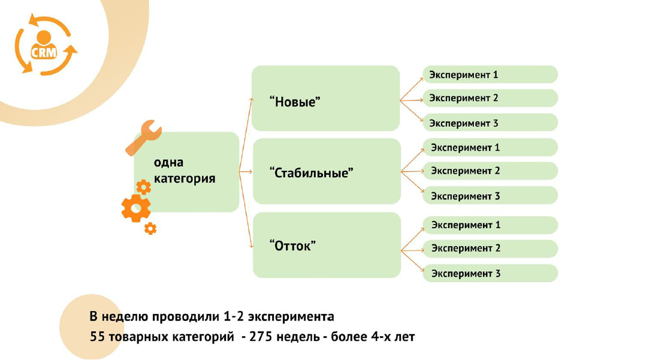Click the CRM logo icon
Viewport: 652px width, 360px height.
pyautogui.click(x=45, y=46)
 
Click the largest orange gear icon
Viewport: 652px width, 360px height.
pyautogui.click(x=136, y=208)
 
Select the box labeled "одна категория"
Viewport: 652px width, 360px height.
pyautogui.click(x=186, y=171)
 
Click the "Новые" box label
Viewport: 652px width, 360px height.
pyautogui.click(x=295, y=101)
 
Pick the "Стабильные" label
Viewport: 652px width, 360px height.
pyautogui.click(x=312, y=173)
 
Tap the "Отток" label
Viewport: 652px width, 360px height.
pyautogui.click(x=292, y=246)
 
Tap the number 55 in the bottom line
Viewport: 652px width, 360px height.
pyautogui.click(x=98, y=337)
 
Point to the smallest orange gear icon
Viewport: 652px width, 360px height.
pyautogui.click(x=150, y=228)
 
